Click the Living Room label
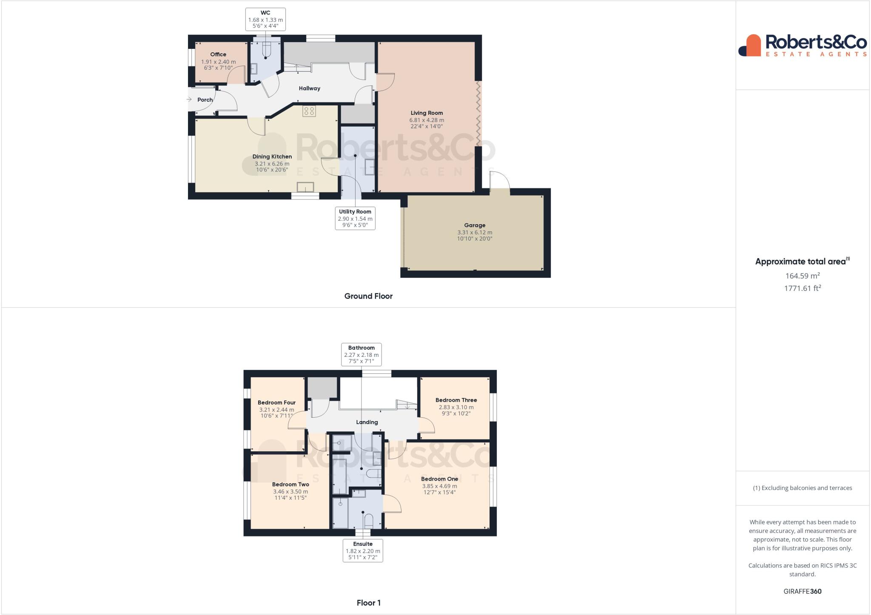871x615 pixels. pos(427,113)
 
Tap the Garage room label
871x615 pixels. pos(475,225)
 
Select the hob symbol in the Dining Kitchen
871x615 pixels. pos(309,111)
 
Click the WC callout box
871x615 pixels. pos(265,19)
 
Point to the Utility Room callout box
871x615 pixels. pos(355,218)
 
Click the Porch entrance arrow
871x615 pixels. pos(189,100)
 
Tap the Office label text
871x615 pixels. pos(218,54)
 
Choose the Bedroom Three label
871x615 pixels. pos(456,400)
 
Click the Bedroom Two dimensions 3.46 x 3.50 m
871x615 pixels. pos(290,492)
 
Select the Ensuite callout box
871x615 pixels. pos(363,550)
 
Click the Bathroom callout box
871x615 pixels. pos(361,354)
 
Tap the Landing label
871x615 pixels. pos(367,422)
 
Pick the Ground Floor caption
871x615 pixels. pos(368,296)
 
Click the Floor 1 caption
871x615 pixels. pos(368,603)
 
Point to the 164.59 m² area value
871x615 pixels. pos(803,276)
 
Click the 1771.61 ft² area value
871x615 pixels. pos(803,288)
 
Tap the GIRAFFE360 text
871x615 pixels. pos(803,591)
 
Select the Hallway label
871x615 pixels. pos(309,88)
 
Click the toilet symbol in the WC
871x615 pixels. pos(267,51)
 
